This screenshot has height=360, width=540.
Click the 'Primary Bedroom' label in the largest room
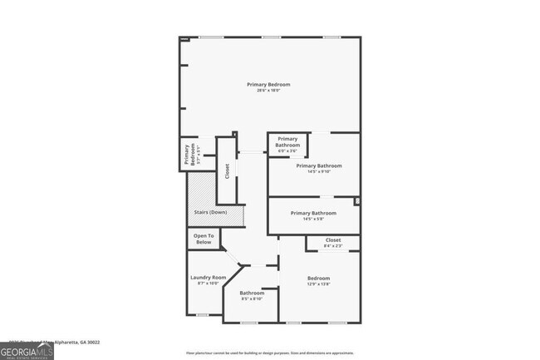tap(268, 84)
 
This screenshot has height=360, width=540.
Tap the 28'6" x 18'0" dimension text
tap(268, 91)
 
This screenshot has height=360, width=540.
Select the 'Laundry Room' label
tap(208, 277)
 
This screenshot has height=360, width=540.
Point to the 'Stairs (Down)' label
tap(210, 213)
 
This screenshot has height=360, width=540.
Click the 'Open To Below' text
tap(204, 239)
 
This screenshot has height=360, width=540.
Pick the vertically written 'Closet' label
tap(227, 171)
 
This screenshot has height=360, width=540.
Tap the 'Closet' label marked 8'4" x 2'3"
tap(332, 239)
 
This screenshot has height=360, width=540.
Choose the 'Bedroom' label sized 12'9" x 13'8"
tap(319, 278)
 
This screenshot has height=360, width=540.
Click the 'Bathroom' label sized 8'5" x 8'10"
tap(252, 293)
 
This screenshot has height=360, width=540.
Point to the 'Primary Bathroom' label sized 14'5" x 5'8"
tap(313, 213)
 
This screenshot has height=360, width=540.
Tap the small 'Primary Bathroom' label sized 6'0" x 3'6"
tap(287, 142)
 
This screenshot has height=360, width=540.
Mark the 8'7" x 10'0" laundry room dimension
tap(208, 284)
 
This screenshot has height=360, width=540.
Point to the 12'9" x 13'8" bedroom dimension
tap(319, 284)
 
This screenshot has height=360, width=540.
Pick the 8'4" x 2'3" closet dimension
tap(332, 245)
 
